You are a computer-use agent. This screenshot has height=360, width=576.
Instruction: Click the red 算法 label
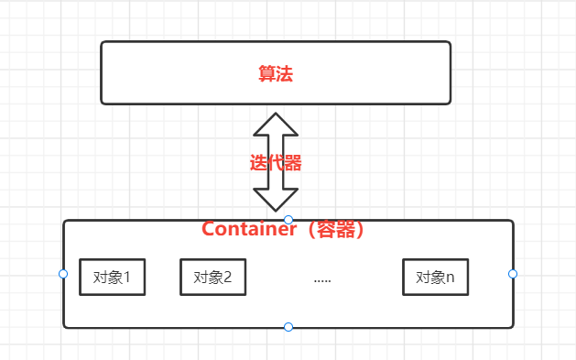pyautogui.click(x=276, y=73)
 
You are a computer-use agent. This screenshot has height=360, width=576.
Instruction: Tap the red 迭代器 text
pyautogui.click(x=276, y=164)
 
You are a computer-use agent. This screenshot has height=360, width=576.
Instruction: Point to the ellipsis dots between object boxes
pyautogui.click(x=321, y=279)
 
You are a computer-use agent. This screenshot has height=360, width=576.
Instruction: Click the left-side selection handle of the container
pyautogui.click(x=63, y=274)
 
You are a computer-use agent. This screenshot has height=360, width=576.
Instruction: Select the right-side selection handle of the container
pyautogui.click(x=513, y=274)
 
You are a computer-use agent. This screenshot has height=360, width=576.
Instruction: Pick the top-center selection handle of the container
pyautogui.click(x=288, y=220)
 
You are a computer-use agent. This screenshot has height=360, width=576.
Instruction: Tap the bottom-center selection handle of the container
pyautogui.click(x=288, y=327)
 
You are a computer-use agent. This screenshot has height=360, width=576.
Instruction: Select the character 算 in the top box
pyautogui.click(x=267, y=73)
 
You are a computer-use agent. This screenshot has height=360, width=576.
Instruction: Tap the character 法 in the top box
pyautogui.click(x=284, y=73)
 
